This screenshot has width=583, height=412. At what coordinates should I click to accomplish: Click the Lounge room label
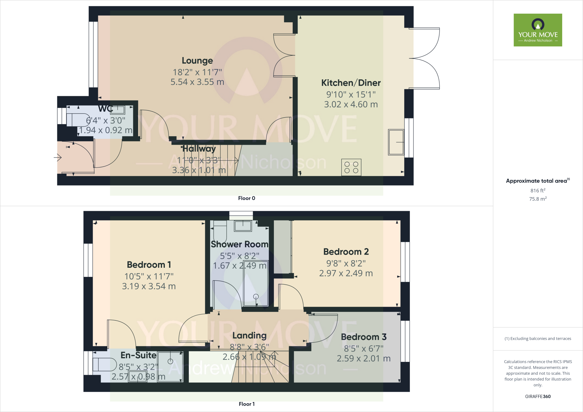point(197,61)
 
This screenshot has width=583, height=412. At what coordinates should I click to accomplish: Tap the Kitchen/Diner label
point(351,83)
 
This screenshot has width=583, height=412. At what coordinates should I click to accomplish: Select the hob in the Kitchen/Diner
point(351,167)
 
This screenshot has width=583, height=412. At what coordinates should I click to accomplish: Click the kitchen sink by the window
point(396,142)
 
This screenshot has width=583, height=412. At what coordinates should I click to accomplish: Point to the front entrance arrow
point(58,157)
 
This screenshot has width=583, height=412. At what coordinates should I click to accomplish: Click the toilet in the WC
point(77,120)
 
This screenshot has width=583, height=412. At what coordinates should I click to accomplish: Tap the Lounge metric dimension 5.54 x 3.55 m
point(197,82)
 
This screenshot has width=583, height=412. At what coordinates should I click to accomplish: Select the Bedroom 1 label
point(149,265)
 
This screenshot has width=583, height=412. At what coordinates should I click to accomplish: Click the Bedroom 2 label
point(346,252)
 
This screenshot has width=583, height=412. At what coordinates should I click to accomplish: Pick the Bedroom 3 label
point(364,337)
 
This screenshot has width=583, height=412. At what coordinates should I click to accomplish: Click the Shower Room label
point(239,244)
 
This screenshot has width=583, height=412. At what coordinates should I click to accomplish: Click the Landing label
point(249,335)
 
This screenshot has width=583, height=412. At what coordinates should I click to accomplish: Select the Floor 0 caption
point(247,198)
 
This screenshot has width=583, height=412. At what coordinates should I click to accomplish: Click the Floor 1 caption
point(247,404)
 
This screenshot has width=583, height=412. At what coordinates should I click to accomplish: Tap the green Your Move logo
point(538,30)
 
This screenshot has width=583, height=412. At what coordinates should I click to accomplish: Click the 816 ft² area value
point(538,190)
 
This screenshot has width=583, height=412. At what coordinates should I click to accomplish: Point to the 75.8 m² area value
point(538,199)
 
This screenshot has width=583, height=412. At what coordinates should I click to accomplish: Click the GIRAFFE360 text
point(538,396)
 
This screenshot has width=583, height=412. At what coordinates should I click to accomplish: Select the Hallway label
point(199,149)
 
